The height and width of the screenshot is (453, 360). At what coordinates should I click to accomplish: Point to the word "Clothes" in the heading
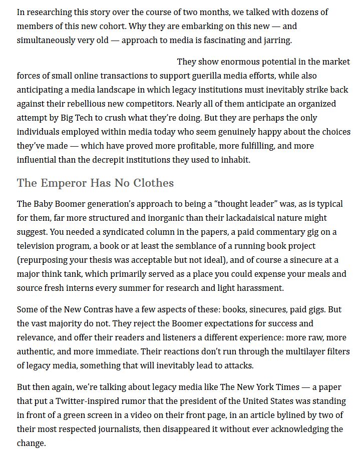[153, 183]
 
